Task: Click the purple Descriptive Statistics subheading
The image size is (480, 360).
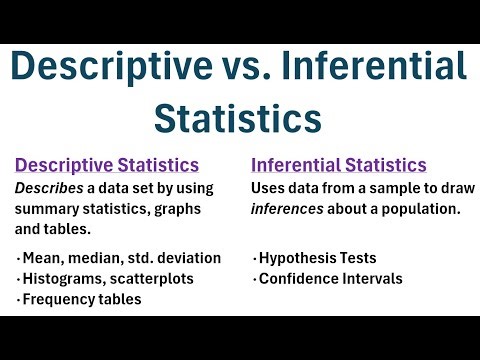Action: tap(106, 165)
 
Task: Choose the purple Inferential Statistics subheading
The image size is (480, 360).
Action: tap(338, 165)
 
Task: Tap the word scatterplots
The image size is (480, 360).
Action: tap(152, 278)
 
